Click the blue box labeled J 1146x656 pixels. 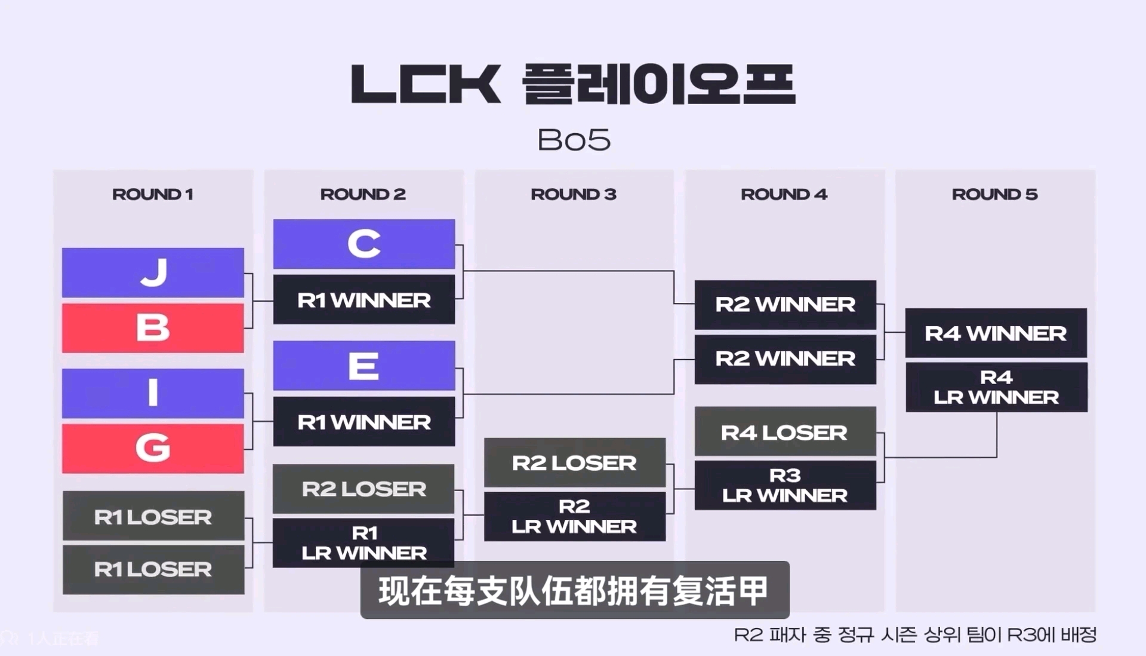[x=153, y=272]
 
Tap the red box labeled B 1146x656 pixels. [x=153, y=328]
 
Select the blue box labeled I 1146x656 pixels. [x=153, y=393]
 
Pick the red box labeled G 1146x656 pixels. [x=153, y=448]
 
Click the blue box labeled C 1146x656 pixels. [x=364, y=244]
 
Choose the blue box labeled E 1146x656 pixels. [x=364, y=366]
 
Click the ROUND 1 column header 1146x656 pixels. [x=153, y=194]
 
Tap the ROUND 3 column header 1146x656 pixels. [x=574, y=194]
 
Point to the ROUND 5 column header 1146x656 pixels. [x=995, y=194]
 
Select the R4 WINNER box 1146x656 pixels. [x=996, y=333]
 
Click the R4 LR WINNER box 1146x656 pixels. [x=996, y=387]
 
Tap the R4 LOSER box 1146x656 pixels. [x=785, y=432]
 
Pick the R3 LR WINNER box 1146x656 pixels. [x=785, y=485]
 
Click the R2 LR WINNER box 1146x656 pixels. [x=575, y=516]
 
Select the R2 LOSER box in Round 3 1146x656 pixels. [x=575, y=462]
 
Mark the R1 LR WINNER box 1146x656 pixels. [x=363, y=542]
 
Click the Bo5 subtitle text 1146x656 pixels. [x=574, y=140]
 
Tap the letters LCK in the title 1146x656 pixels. [x=426, y=84]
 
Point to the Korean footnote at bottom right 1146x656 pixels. [x=915, y=634]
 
